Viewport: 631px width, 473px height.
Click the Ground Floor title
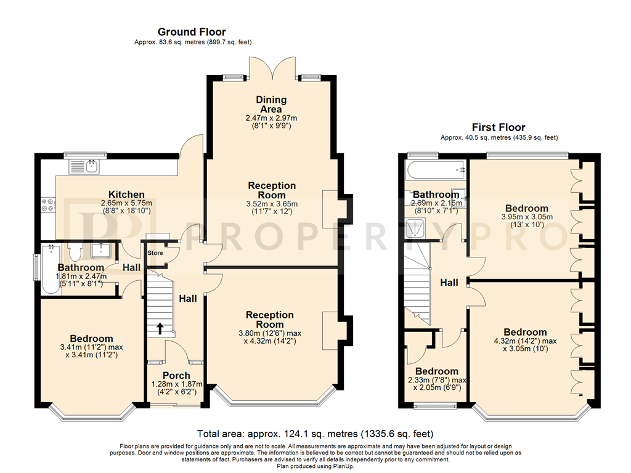pos(192,32)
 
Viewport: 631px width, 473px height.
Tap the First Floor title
pos(499,127)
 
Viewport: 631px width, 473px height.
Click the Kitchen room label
pos(126,194)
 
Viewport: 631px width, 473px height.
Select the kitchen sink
pos(84,167)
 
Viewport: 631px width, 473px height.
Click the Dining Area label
pos(271,104)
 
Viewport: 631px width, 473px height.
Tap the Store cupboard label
pos(155,253)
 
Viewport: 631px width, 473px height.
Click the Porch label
pos(176,376)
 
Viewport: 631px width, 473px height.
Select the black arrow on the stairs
pos(160,328)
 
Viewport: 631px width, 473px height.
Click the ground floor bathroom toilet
pos(75,252)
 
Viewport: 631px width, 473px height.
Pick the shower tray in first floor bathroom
pos(415,228)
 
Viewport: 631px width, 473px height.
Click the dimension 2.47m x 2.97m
pos(271,118)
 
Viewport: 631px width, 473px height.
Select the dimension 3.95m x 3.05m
pos(527,217)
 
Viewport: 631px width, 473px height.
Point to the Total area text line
pos(315,434)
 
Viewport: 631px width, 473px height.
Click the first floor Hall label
pos(449,283)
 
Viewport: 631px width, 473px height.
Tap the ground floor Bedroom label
pos(91,339)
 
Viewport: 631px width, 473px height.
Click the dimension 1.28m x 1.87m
pos(177,384)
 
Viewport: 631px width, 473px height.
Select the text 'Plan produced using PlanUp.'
pos(315,467)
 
